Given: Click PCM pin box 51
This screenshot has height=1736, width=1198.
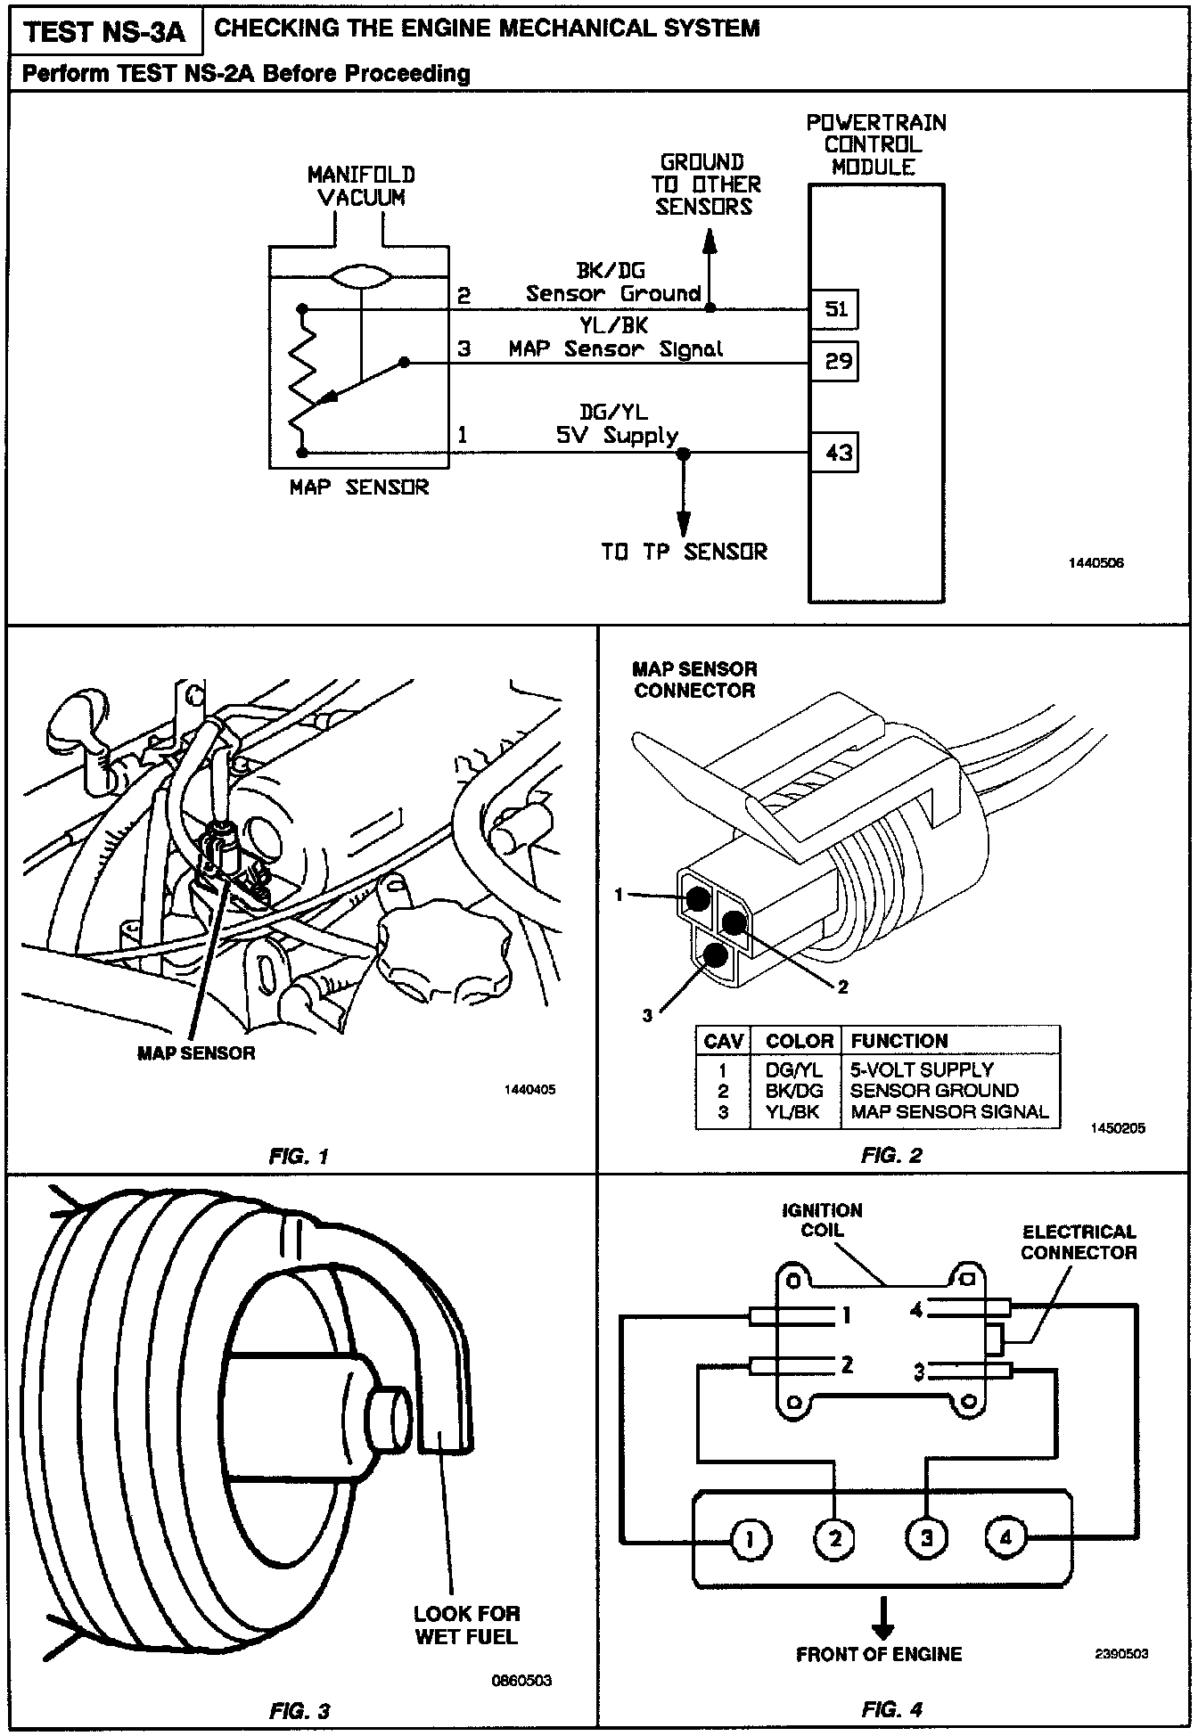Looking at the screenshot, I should coord(834,309).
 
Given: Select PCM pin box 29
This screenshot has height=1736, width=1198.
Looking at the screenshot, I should coord(834,361).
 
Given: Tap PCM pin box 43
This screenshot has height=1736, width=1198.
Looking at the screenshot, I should coord(834,453).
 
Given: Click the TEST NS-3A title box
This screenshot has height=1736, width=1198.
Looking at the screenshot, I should coord(104,32).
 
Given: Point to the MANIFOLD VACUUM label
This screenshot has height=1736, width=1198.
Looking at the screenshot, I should coord(361,186).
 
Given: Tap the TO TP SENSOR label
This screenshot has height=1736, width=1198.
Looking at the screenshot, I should coord(684,552).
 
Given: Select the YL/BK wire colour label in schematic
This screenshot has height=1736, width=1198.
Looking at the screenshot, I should coord(613,326).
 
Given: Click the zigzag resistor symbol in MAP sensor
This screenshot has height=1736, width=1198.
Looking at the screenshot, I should coord(302,379).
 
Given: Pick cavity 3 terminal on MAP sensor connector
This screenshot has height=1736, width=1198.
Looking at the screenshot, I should coord(716,957).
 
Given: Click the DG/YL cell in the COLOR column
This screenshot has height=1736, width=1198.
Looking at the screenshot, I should coord(793,1069).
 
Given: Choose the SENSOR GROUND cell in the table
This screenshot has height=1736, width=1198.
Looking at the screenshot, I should coord(933,1091).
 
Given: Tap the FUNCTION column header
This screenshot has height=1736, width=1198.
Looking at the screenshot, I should coord(899,1041).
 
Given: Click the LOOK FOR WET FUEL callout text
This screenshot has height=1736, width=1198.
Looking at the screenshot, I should coord(466,1625).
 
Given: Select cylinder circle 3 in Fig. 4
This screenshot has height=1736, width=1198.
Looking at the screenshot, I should coord(926,1537).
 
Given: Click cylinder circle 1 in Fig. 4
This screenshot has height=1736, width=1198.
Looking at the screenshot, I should coord(750,1538).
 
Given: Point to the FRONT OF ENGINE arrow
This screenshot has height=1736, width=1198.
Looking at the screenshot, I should coord(882,1617).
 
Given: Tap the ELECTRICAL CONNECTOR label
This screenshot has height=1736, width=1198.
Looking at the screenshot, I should coord(1079,1242).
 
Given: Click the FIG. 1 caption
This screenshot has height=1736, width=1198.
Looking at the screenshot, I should coord(299,1157).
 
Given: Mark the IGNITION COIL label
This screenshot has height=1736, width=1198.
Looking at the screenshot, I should coord(822,1220).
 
